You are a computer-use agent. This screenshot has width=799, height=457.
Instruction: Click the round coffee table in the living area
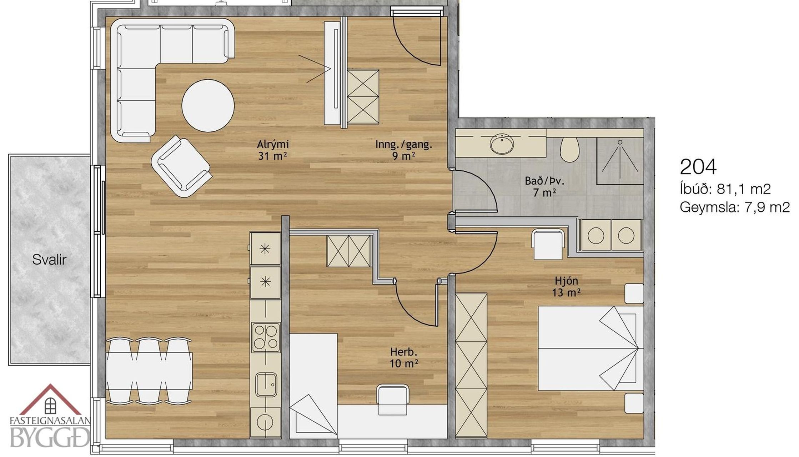(x=208, y=105)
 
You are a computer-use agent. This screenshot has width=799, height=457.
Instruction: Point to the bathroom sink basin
(x=502, y=144)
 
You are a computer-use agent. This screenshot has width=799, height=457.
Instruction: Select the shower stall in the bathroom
(x=620, y=161)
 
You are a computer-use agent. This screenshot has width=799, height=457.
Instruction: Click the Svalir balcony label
(x=49, y=260)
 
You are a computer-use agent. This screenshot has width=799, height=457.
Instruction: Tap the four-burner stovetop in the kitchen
(x=266, y=337)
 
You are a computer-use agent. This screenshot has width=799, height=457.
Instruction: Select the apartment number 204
(x=698, y=167)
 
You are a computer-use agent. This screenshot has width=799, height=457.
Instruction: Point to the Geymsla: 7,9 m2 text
(x=734, y=207)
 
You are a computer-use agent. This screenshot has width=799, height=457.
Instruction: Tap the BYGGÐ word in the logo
(x=50, y=437)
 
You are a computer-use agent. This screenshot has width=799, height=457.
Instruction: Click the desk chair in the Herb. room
(x=392, y=400)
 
